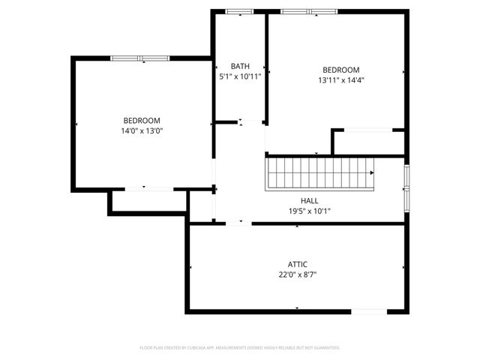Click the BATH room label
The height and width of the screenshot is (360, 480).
240,66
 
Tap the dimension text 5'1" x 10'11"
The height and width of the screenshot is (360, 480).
240,76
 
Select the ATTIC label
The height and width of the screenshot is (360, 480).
298,264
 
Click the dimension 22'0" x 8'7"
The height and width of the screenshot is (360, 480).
298,274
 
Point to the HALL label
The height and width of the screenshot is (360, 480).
309,200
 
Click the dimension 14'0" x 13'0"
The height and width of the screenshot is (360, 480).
142,130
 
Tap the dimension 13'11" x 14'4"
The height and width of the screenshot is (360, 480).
341,79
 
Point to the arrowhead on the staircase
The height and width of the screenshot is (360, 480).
372,172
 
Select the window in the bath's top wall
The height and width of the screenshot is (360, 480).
239,11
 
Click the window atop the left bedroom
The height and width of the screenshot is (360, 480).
140,58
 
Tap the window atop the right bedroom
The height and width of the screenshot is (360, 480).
309,11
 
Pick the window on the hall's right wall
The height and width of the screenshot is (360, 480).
406,187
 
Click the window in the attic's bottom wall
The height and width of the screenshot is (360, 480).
369,310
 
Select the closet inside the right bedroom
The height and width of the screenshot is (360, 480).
368,142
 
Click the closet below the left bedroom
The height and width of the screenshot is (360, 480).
148,201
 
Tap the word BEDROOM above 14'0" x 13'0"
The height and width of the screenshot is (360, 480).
142,120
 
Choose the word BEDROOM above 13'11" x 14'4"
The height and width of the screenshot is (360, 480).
341,69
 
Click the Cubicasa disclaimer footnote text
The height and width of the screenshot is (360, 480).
240,348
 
